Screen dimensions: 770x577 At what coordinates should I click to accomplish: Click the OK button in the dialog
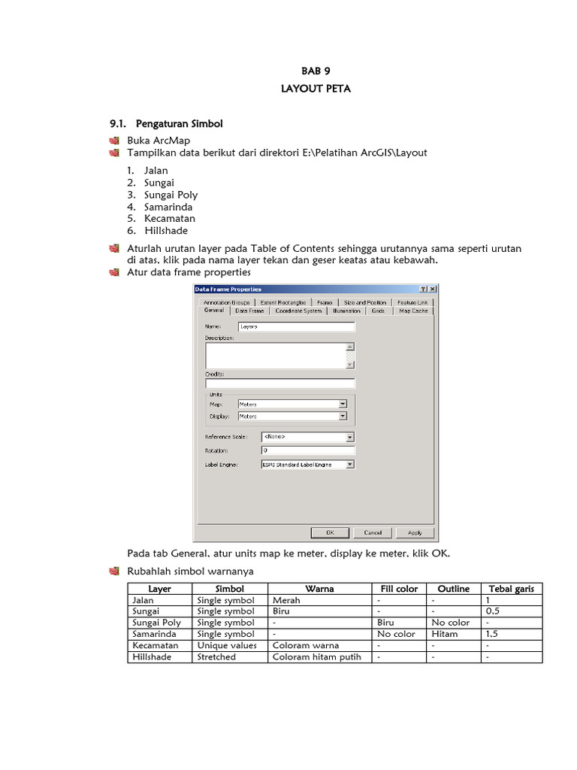(x=329, y=532)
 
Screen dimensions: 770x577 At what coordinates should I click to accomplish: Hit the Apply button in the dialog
(x=414, y=532)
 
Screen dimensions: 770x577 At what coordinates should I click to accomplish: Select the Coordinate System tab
(x=298, y=311)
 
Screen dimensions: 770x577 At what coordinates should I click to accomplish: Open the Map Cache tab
(x=413, y=311)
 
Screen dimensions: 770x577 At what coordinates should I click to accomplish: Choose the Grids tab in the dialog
(x=378, y=311)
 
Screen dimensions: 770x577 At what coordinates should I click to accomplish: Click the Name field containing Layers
(x=296, y=327)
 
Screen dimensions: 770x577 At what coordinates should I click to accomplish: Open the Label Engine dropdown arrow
(x=350, y=465)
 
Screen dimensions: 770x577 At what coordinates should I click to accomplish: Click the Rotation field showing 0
(x=307, y=450)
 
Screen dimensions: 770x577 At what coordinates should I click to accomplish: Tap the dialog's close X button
(x=433, y=289)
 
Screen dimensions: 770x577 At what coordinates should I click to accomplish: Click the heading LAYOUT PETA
(x=305, y=89)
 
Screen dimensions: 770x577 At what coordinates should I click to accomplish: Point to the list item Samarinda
(x=168, y=207)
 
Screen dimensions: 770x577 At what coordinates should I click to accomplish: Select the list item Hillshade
(x=166, y=231)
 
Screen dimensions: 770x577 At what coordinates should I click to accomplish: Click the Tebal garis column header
(x=511, y=589)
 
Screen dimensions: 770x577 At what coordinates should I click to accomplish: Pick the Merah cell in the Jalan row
(x=286, y=601)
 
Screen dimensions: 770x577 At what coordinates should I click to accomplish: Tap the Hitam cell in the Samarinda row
(x=445, y=634)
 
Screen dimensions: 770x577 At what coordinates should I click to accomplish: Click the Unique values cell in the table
(x=227, y=645)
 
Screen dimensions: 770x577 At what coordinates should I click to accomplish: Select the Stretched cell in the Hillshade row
(x=216, y=656)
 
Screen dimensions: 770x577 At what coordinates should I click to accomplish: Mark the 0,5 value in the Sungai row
(x=493, y=611)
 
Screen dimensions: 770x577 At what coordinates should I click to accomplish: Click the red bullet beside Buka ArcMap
(x=114, y=141)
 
